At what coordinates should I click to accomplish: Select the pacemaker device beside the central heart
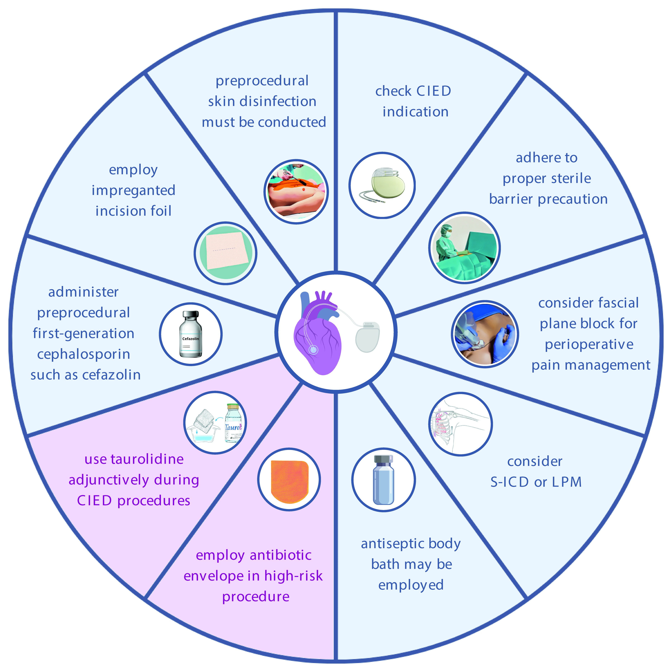[367, 337]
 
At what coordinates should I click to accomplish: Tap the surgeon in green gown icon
[449, 244]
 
